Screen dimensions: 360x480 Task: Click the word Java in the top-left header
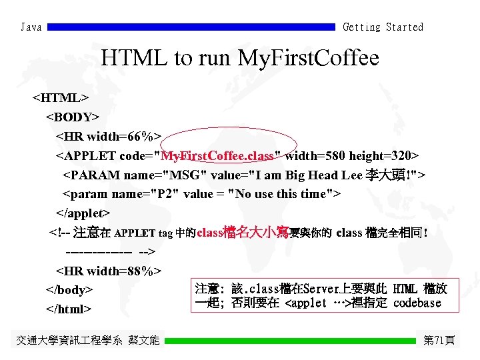(31, 27)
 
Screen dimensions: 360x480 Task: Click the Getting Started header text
(383, 27)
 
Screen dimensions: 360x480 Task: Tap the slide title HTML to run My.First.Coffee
(240, 59)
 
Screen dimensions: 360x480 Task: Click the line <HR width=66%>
(108, 137)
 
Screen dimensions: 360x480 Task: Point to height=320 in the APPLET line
(385, 156)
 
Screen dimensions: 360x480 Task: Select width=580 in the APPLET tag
(314, 156)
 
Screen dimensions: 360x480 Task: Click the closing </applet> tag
(83, 213)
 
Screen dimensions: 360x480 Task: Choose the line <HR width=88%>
(108, 271)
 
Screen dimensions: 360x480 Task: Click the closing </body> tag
(69, 290)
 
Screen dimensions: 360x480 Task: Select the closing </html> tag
(69, 309)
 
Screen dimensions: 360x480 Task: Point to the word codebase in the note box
(417, 303)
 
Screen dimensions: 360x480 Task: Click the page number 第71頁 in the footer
(439, 341)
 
